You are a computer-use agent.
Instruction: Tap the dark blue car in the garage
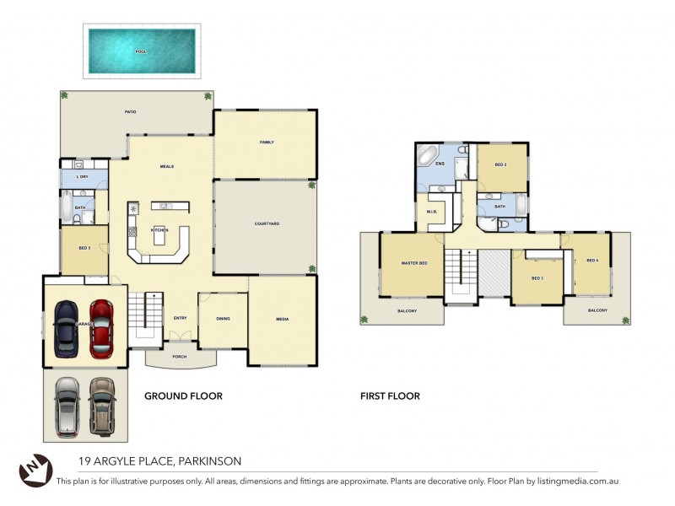click(66, 327)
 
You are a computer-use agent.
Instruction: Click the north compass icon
click(31, 469)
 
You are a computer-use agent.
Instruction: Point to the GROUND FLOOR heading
click(183, 396)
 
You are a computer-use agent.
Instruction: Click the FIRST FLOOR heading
click(390, 396)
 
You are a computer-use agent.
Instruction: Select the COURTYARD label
click(267, 223)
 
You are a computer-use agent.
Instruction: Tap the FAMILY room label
click(267, 143)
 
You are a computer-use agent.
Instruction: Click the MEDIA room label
click(283, 319)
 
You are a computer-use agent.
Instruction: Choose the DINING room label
click(223, 319)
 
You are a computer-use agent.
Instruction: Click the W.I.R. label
click(430, 212)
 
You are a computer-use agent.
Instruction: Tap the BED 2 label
click(500, 164)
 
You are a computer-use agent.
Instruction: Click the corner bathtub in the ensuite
click(426, 157)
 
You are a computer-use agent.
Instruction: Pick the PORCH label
click(180, 357)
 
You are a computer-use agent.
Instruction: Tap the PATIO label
click(131, 111)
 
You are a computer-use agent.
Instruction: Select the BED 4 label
click(591, 260)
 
